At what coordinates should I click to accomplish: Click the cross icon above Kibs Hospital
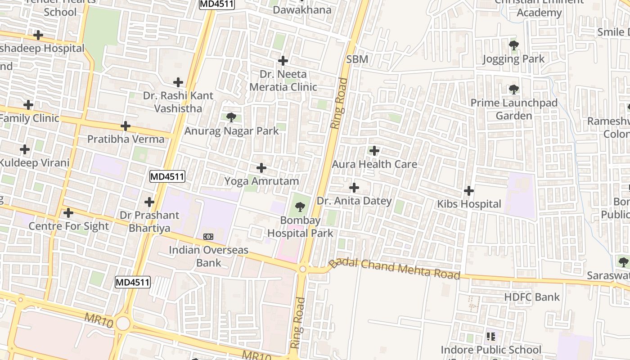click(x=469, y=191)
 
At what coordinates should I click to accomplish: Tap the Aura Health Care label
click(x=374, y=164)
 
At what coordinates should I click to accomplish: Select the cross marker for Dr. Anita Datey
click(x=354, y=187)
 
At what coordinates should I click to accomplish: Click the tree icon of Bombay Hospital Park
click(x=300, y=207)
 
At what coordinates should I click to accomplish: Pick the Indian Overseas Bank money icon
click(x=208, y=236)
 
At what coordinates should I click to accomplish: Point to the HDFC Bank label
click(x=532, y=297)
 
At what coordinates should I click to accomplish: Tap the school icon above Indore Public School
click(x=491, y=336)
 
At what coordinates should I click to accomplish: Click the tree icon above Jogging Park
click(x=513, y=45)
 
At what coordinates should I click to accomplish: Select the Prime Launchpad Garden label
click(x=514, y=109)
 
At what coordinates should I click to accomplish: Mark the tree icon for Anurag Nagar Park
click(x=231, y=118)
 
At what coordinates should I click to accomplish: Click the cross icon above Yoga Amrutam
click(x=261, y=168)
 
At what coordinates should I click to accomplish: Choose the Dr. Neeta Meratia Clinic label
click(x=283, y=81)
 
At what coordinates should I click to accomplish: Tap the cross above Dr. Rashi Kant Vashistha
click(x=178, y=82)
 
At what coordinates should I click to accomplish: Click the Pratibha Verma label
click(x=126, y=139)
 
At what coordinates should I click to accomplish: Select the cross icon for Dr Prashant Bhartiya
click(x=149, y=202)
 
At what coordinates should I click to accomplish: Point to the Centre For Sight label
click(x=69, y=226)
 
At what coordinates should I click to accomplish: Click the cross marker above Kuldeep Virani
click(x=25, y=149)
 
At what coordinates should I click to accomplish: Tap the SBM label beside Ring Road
click(x=357, y=59)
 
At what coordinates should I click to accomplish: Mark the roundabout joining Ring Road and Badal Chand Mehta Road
click(x=303, y=269)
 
